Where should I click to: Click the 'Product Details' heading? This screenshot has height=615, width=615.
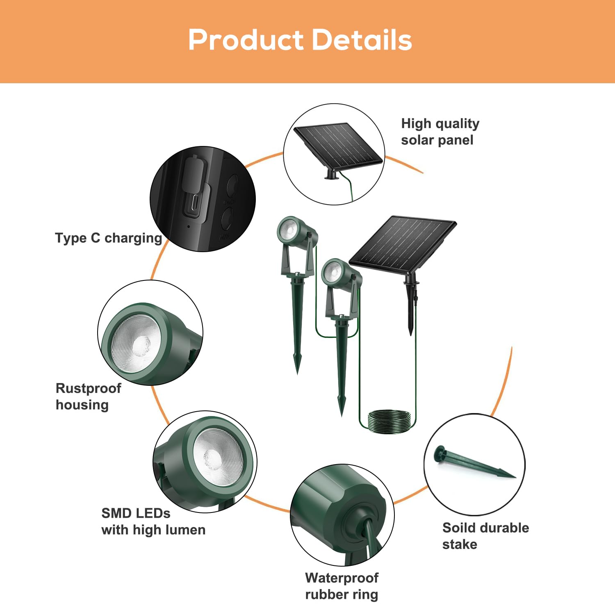pos(300,40)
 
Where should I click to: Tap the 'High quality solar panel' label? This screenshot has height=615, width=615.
pos(440,132)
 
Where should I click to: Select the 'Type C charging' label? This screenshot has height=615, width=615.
pos(109,238)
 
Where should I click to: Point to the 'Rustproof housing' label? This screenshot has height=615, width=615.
pos(88,396)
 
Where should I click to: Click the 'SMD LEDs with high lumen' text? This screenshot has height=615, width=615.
pos(153,522)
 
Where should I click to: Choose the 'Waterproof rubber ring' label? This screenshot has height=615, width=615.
pos(342,586)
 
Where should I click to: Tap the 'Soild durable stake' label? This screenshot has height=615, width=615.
pos(485,536)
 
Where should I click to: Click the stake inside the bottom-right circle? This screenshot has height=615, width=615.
pos(474,464)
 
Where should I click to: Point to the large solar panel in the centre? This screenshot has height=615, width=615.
pos(403,245)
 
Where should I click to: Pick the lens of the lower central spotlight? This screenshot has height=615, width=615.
pos(333,271)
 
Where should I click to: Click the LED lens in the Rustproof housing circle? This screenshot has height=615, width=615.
pos(136,343)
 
